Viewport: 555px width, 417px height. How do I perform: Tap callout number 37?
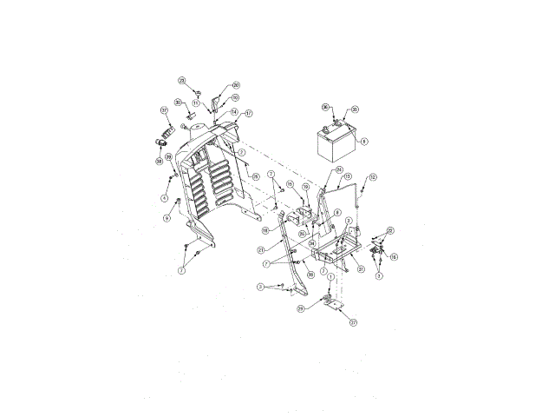[x=163, y=110]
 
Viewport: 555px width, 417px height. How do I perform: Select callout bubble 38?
[x=160, y=161]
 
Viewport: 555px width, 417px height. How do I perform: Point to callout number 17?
[x=248, y=113]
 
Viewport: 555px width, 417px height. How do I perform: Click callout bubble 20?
[x=236, y=85]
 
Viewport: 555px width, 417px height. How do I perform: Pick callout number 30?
[x=177, y=102]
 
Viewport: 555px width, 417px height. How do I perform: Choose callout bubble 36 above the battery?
[x=326, y=108]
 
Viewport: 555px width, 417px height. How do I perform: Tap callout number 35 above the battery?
[x=355, y=109]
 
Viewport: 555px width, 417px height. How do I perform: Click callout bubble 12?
[x=373, y=176]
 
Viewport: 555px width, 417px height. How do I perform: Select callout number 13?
[x=348, y=176]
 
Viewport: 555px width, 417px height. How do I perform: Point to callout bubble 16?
[x=394, y=257]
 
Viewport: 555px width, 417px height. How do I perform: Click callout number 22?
[x=390, y=230]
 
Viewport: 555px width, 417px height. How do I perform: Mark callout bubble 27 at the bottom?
[x=354, y=321]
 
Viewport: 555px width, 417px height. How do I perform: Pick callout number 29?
[x=301, y=308]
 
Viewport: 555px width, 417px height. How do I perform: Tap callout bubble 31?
[x=361, y=269]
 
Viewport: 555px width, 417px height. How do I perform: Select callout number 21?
[x=261, y=250]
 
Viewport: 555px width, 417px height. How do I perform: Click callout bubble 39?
[x=169, y=157]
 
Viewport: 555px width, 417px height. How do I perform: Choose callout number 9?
[x=166, y=218]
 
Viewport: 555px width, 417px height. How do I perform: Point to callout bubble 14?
[x=234, y=111]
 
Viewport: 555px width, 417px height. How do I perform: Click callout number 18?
[x=265, y=230]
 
